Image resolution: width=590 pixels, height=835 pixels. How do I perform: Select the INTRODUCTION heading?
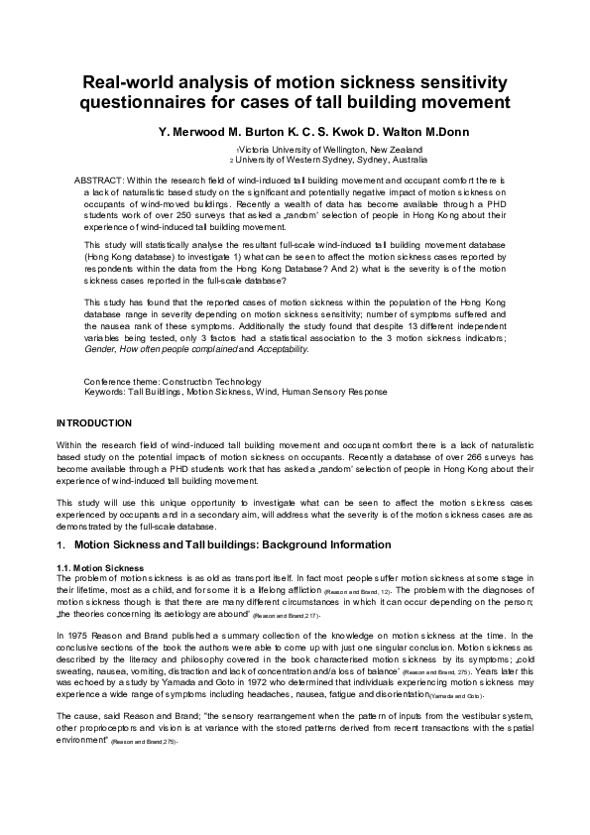[x=94, y=423]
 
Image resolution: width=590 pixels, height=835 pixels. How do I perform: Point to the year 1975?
[x=83, y=632]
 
